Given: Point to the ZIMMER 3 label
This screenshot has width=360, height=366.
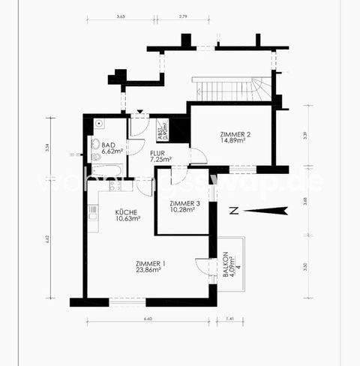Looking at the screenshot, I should coord(184,204).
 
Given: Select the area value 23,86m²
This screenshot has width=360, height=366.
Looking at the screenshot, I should coord(151,271).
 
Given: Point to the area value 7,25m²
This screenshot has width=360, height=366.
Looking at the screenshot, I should coord(160,160).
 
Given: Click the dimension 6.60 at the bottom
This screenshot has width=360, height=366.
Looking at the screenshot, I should coord(148,318).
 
